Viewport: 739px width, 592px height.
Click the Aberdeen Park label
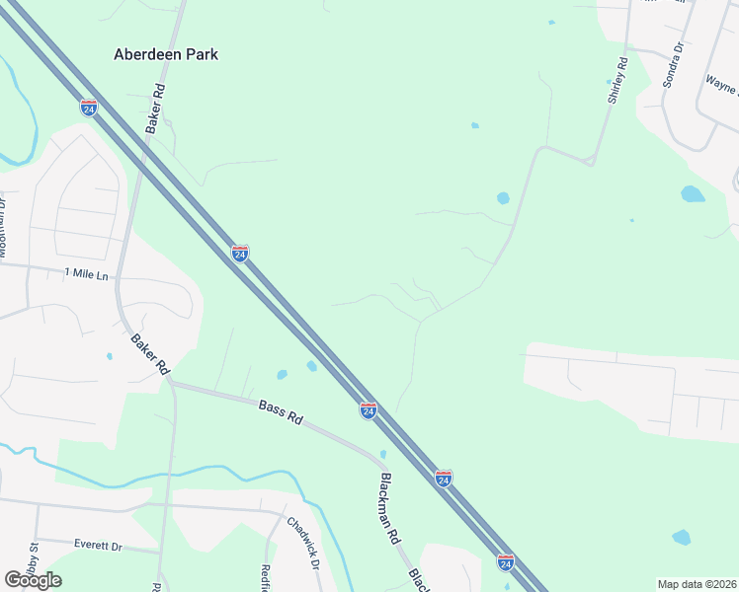[166, 54]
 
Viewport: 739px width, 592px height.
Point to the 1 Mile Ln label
[86, 273]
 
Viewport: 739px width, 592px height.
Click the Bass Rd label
[280, 411]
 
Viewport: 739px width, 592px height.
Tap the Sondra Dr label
[674, 64]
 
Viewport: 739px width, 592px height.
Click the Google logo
[33, 580]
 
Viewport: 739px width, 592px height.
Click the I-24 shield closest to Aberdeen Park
[89, 107]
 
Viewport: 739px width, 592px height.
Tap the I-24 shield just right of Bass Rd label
[368, 409]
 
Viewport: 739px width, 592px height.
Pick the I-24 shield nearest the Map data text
[506, 561]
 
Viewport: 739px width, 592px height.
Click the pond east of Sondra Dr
[693, 193]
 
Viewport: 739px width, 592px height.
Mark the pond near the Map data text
[681, 538]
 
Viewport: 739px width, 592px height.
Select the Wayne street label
[721, 87]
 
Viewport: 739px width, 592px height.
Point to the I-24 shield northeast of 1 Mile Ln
[240, 254]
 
